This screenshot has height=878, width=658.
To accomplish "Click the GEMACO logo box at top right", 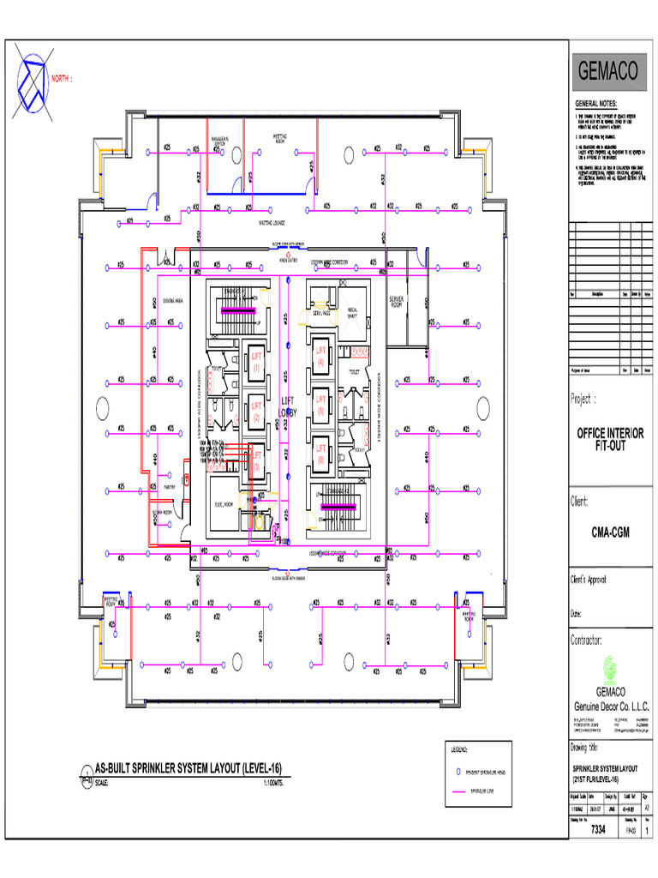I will [608, 73].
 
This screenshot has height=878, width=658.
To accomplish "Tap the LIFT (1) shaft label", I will [255, 360].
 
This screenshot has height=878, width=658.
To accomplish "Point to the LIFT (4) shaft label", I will [321, 356].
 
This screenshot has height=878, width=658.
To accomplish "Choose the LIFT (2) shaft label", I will [255, 412].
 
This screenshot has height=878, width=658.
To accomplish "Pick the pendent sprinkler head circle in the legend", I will [458, 771].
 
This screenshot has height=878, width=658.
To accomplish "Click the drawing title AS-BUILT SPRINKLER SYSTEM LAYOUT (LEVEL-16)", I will [188, 767].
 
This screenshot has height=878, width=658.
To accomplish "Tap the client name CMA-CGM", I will [610, 532].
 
